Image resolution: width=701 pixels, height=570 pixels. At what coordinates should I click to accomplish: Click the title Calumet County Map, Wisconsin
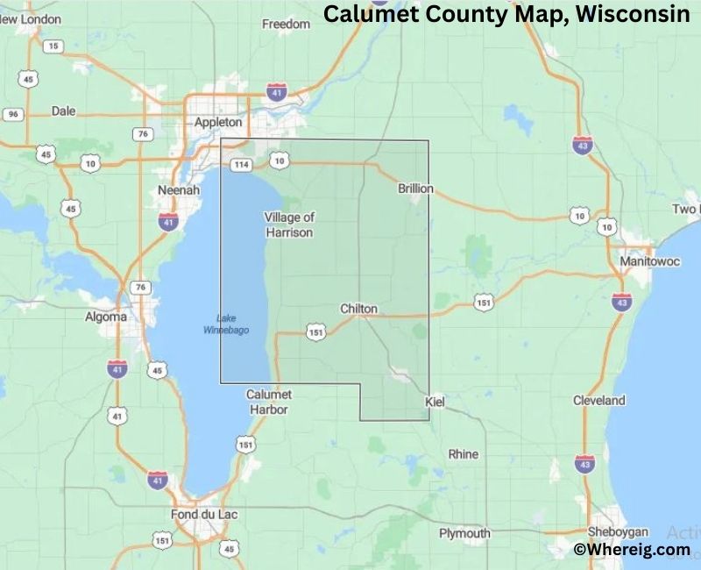pos(507,15)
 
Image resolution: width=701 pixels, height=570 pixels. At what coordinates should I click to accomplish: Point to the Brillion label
pos(415,189)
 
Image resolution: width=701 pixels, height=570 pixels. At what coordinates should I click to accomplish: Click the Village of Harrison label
pos(289,224)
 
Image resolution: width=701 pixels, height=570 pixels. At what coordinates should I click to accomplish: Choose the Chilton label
pos(358,309)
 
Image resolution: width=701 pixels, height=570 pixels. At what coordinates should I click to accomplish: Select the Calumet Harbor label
pos(269,402)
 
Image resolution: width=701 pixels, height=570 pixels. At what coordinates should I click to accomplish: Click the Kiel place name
pos(435,401)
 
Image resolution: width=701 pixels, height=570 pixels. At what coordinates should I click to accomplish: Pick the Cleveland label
pos(599,401)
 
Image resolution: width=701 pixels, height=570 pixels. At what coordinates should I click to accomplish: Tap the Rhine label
pos(464,454)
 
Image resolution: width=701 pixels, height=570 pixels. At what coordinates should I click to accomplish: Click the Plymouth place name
pos(464,533)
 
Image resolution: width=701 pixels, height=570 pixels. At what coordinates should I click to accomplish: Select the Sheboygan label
pos(618,531)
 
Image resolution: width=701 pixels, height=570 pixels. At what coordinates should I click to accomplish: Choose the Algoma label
pos(104,317)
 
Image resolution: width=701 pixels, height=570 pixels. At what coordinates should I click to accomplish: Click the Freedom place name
pos(287,25)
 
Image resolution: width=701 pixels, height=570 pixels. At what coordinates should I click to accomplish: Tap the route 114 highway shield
pos(242,164)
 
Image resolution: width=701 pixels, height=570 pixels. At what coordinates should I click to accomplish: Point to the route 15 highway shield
pos(54,46)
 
